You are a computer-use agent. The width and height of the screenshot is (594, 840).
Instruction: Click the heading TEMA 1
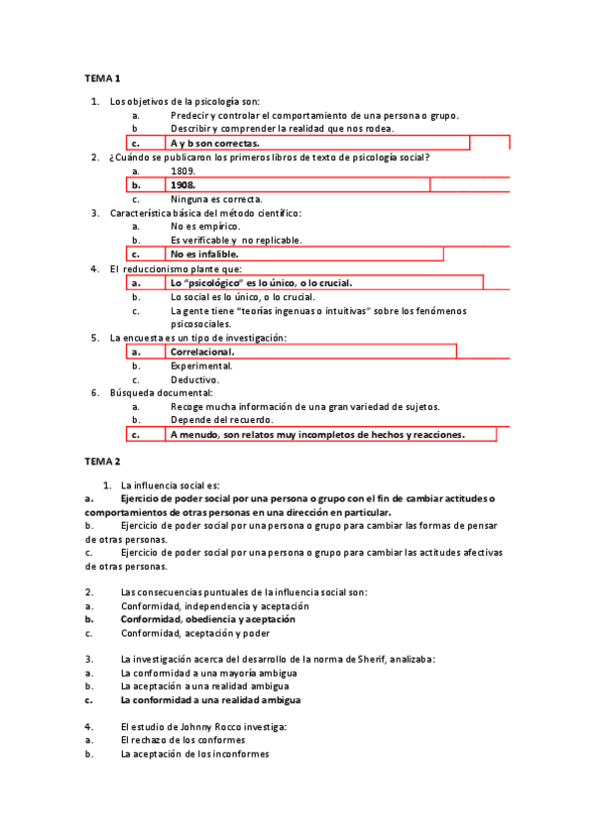pyautogui.click(x=102, y=78)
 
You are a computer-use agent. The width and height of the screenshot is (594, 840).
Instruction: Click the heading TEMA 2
pyautogui.click(x=102, y=462)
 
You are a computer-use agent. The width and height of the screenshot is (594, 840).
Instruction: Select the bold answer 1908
pyautogui.click(x=182, y=185)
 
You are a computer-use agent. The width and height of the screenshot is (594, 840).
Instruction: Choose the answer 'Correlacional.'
pyautogui.click(x=202, y=352)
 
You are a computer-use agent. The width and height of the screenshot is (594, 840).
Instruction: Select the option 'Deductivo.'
pyautogui.click(x=194, y=379)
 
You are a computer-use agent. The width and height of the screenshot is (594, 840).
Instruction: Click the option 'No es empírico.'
pyautogui.click(x=205, y=227)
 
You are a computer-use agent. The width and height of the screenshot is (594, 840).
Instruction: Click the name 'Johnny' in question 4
pyautogui.click(x=193, y=727)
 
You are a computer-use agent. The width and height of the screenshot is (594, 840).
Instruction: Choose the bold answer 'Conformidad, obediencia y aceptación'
pyautogui.click(x=207, y=619)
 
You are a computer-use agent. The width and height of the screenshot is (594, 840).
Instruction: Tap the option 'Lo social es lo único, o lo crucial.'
pyautogui.click(x=243, y=296)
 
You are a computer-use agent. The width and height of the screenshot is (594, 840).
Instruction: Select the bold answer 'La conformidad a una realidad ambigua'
pyautogui.click(x=210, y=699)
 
